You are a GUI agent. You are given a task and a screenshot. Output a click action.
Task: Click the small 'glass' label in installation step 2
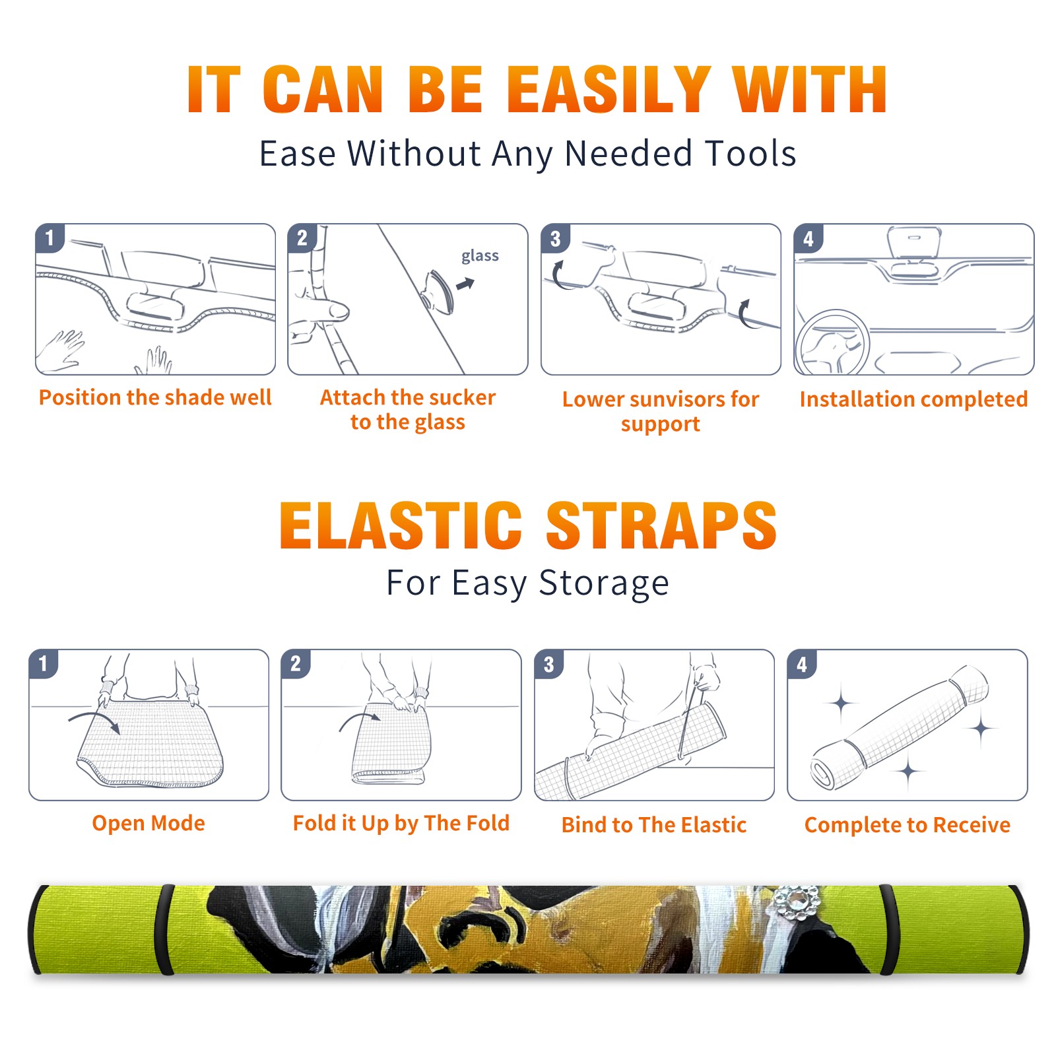pyautogui.click(x=480, y=256)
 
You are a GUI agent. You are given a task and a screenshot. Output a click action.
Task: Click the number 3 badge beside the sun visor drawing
pyautogui.click(x=555, y=238)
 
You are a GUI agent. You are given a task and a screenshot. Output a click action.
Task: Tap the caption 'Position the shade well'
pyautogui.click(x=155, y=397)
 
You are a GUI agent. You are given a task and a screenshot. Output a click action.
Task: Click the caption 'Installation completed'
pyautogui.click(x=913, y=399)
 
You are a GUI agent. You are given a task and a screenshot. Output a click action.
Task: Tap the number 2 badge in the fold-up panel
pyautogui.click(x=296, y=663)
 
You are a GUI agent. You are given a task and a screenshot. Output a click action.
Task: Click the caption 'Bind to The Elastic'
pyautogui.click(x=653, y=825)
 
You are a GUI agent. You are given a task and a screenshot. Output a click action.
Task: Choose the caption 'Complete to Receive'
pyautogui.click(x=907, y=825)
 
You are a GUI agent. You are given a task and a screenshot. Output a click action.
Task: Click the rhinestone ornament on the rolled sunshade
pyautogui.click(x=797, y=902)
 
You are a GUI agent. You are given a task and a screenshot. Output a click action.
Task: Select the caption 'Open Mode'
pyautogui.click(x=148, y=823)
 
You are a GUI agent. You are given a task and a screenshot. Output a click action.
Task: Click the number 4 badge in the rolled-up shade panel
pyautogui.click(x=802, y=663)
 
